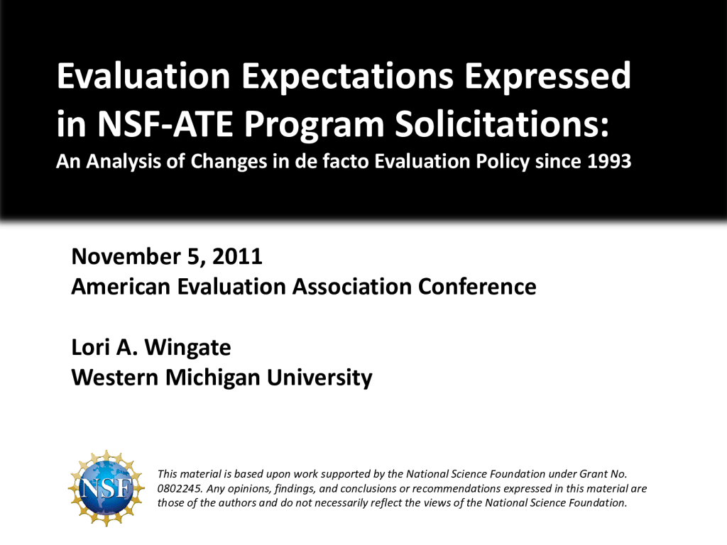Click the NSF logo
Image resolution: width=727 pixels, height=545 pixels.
tap(106, 488)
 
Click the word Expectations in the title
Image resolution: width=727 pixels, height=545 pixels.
tap(347, 76)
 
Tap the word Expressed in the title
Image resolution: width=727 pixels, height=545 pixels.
tap(547, 76)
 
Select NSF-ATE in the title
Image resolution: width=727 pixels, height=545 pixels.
tap(165, 124)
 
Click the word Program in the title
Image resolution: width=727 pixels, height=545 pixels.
tap(314, 126)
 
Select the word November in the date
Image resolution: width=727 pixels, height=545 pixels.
tap(126, 256)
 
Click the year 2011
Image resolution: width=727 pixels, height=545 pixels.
tap(237, 256)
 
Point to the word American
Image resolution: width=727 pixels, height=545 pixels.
tap(121, 287)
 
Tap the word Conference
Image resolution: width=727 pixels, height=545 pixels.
tap(477, 287)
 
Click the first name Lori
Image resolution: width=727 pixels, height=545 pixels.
tap(90, 347)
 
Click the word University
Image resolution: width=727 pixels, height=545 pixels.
tap(319, 378)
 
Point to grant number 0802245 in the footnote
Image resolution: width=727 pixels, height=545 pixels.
tap(180, 488)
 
